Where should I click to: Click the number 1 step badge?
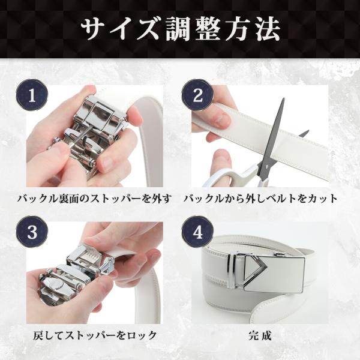click(32, 95)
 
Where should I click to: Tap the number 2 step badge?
click(197, 95)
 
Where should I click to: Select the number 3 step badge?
click(32, 232)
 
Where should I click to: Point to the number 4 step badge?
click(197, 232)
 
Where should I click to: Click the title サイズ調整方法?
click(181, 30)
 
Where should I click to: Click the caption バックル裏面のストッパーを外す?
click(95, 199)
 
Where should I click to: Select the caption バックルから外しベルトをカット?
click(260, 199)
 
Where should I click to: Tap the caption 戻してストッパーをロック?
click(95, 335)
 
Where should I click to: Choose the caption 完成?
click(260, 335)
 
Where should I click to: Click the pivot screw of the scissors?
click(266, 166)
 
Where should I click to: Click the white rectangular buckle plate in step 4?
click(274, 274)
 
